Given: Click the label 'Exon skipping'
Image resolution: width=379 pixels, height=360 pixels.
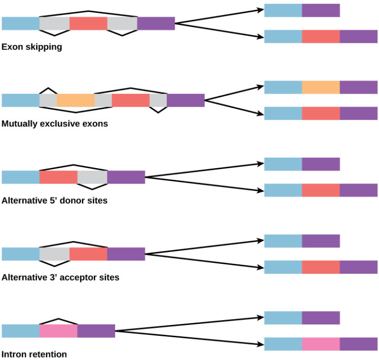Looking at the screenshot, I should pyautogui.click(x=32, y=47).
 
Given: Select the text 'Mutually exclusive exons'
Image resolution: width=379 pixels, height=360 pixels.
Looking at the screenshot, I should pyautogui.click(x=55, y=124).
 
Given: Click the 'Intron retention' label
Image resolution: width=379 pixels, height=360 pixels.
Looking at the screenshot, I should pyautogui.click(x=34, y=354).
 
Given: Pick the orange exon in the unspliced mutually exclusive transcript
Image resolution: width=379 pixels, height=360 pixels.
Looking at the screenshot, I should pyautogui.click(x=76, y=100).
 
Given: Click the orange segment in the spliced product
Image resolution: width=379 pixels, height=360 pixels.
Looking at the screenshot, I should pyautogui.click(x=321, y=87).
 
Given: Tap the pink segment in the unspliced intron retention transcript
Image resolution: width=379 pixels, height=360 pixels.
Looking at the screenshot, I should pyautogui.click(x=58, y=331).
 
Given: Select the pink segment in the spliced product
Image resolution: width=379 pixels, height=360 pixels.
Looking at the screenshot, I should pyautogui.click(x=321, y=344).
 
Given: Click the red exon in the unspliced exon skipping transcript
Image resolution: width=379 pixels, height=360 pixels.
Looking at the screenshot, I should pyautogui.click(x=88, y=23).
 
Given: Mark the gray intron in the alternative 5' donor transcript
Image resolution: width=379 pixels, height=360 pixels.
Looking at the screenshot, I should pyautogui.click(x=92, y=177).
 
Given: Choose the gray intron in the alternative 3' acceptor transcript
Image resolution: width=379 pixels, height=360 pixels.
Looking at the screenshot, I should pyautogui.click(x=54, y=254).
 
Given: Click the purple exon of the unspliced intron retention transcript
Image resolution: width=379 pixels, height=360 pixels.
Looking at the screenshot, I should pyautogui.click(x=96, y=331).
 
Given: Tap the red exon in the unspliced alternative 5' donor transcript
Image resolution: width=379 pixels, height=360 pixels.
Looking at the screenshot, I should pyautogui.click(x=58, y=177).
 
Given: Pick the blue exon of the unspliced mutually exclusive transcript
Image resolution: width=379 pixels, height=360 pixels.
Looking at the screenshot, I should pyautogui.click(x=20, y=100).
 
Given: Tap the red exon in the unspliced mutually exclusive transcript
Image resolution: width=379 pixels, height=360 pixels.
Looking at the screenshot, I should pyautogui.click(x=130, y=100).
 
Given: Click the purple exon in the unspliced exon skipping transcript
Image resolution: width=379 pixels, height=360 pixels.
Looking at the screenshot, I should pyautogui.click(x=156, y=23).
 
